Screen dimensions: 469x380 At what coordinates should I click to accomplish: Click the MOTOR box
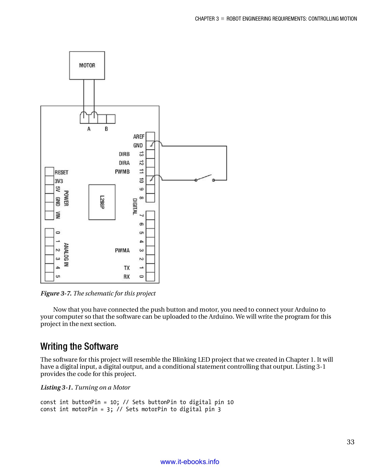(87, 65)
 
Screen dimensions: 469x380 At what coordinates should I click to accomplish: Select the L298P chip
(102, 202)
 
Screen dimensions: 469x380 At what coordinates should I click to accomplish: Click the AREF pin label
(139, 137)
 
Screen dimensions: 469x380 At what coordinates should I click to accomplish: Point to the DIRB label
(124, 154)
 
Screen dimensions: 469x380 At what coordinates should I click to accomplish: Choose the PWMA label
(122, 251)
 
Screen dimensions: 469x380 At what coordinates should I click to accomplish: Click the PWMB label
(122, 172)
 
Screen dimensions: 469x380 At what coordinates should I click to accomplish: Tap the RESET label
(61, 172)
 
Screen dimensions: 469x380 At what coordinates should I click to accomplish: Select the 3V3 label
(59, 181)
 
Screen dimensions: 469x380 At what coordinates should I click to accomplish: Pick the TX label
(127, 268)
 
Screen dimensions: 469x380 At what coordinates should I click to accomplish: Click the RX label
(127, 277)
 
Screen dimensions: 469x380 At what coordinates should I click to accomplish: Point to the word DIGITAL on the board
(135, 207)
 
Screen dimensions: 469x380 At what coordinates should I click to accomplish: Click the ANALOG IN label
(66, 255)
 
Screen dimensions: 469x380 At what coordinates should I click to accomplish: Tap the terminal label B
(106, 129)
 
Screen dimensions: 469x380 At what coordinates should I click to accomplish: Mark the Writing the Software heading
(79, 346)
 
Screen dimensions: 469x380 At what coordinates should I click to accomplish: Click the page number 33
(350, 442)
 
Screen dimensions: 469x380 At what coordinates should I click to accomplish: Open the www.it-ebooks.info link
(190, 462)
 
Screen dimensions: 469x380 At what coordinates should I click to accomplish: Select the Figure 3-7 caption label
(56, 293)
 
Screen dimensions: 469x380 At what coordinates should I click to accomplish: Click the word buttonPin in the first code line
(86, 402)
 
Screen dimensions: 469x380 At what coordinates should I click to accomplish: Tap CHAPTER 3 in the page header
(207, 19)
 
